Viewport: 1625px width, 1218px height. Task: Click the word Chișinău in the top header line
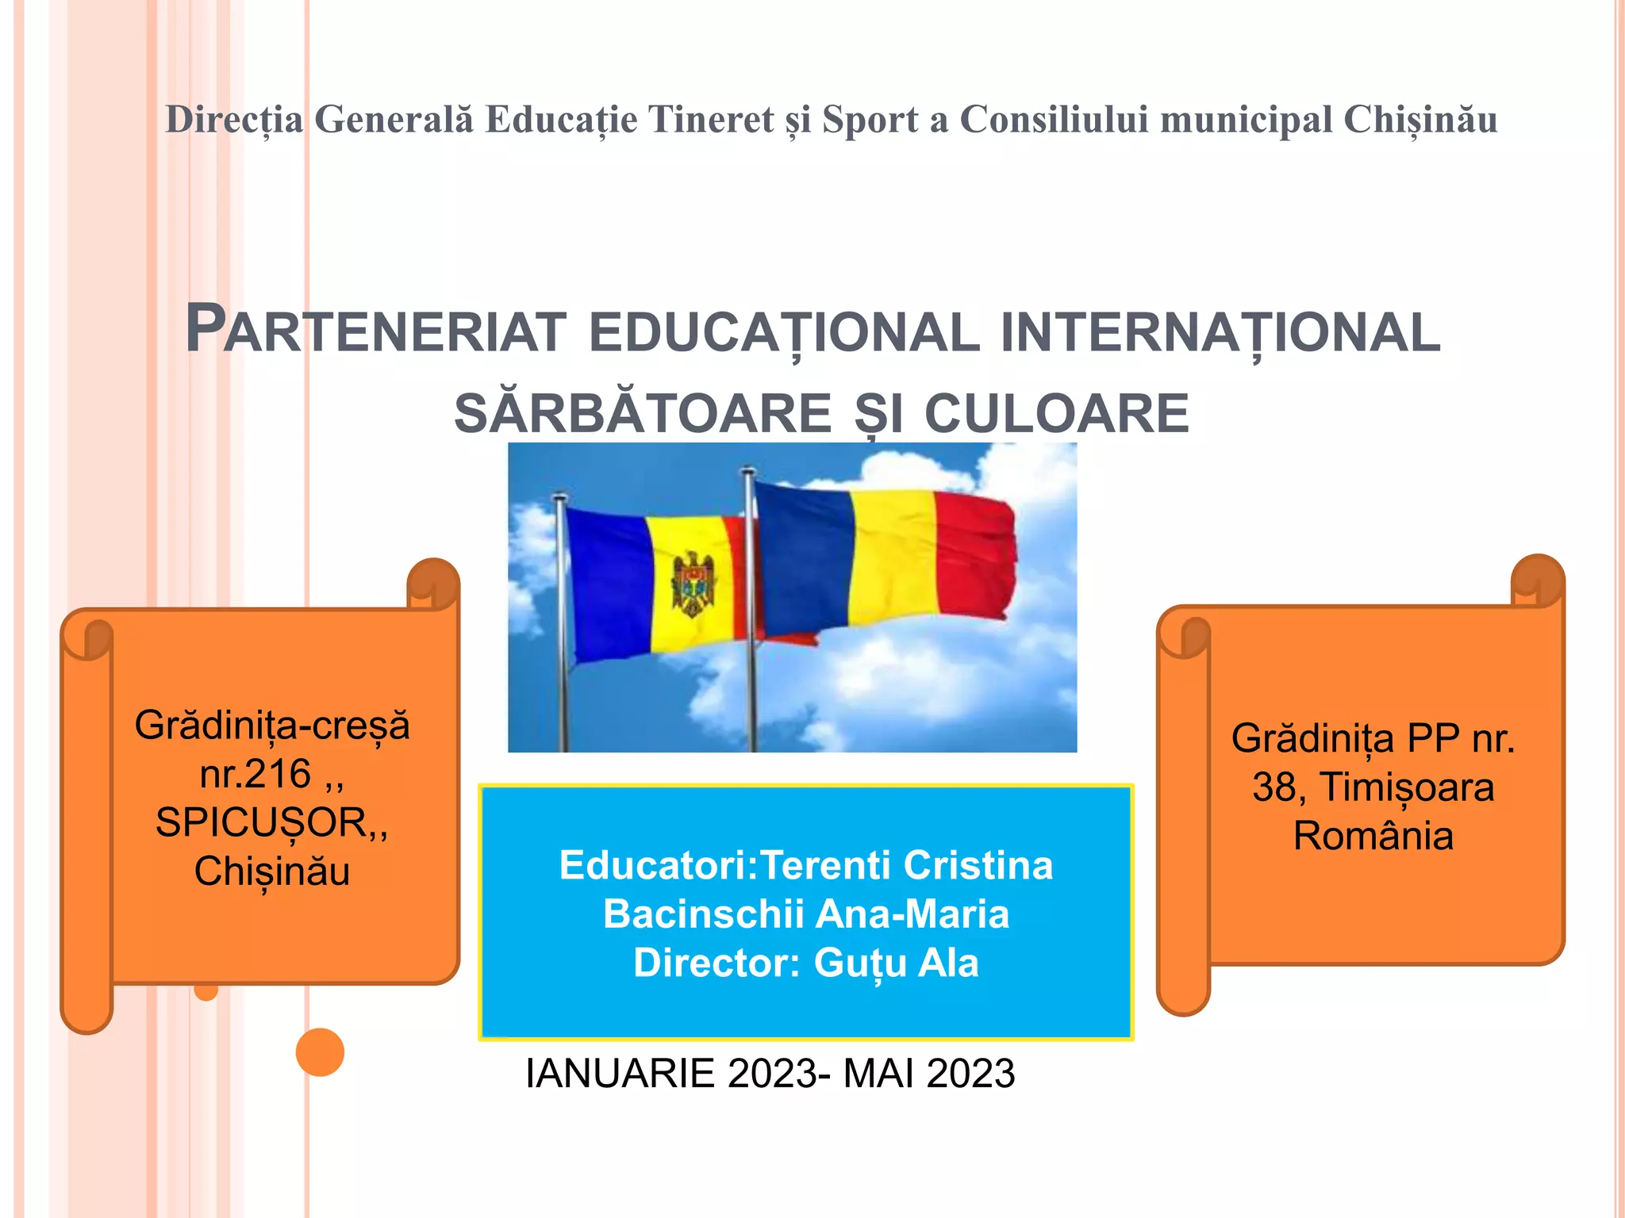pos(1419,120)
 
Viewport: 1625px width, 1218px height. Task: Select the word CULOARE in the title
pos(1057,413)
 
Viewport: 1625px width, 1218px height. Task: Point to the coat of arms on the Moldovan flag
pos(693,585)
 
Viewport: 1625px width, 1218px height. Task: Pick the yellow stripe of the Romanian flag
pos(893,555)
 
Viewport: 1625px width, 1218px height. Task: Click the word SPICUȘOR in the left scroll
pos(261,822)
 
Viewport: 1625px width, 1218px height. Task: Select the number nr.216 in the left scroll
pos(255,774)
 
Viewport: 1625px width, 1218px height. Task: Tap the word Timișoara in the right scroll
pos(1407,787)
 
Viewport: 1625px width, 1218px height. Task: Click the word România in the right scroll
pos(1373,836)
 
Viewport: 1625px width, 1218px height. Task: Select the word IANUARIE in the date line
pos(620,1074)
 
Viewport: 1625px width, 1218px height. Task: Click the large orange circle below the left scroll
pos(320,1052)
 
